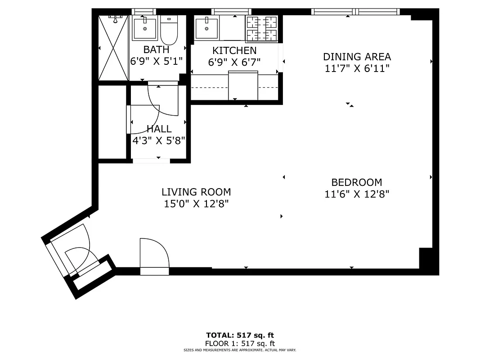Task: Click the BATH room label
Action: tap(156, 49)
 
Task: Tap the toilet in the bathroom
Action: tap(169, 30)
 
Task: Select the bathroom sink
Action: tap(145, 29)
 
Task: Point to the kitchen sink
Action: tap(206, 28)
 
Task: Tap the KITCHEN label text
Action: tap(234, 50)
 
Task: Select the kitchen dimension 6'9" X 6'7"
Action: tap(234, 62)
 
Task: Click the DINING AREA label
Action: tap(357, 57)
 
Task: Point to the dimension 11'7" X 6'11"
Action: tap(357, 68)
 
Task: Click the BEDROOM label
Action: tap(356, 182)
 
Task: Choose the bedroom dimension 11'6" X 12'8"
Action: tap(356, 194)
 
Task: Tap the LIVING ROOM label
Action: tap(196, 192)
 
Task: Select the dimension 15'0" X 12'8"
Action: tap(196, 204)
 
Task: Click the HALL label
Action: tap(159, 129)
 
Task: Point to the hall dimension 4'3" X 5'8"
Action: tap(159, 140)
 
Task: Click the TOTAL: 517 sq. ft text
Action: tap(240, 335)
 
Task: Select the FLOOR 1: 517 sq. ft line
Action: tap(240, 343)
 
